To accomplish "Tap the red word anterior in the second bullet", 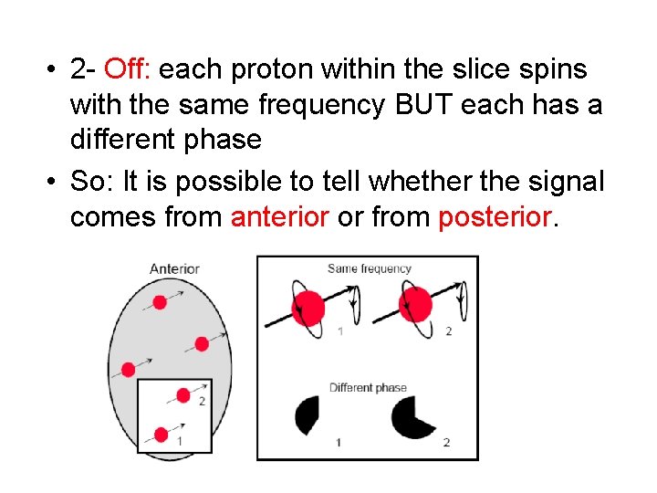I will pos(280,216).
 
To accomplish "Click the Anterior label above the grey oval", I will pos(173,268).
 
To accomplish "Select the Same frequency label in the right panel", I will pos(369,268).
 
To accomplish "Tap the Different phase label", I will pos(368,387).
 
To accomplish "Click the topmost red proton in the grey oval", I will pos(160,302).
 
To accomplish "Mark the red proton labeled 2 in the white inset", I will pos(183,395).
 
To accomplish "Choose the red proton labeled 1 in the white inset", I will pos(162,434).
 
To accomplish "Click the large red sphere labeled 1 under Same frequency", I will pos(308,304).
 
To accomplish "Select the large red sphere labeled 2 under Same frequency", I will pos(416,302).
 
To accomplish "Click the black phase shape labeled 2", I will pos(412,418).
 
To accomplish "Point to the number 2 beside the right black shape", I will pos(446,442).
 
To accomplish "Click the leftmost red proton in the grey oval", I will pos(129,369).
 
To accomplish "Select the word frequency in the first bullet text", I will pos(320,105).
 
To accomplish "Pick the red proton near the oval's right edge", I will pos(201,344).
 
